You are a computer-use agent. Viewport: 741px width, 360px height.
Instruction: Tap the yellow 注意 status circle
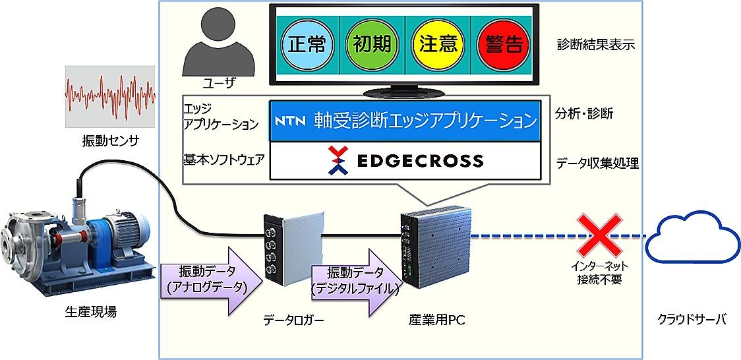[x=438, y=44]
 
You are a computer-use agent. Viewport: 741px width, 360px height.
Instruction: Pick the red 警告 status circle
[x=504, y=44]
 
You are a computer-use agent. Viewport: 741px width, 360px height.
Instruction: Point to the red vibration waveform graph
[x=110, y=96]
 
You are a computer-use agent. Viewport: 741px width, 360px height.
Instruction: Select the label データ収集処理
[x=597, y=164]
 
